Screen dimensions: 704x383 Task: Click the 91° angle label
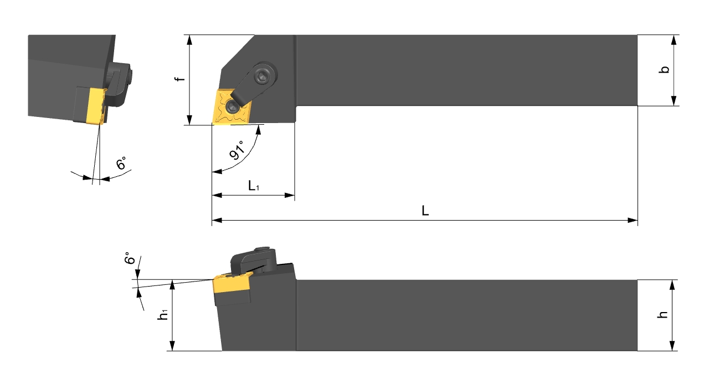[237, 150]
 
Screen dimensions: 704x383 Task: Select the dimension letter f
[180, 78]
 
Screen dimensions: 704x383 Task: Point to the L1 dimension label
[253, 186]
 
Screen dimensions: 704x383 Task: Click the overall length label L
[425, 211]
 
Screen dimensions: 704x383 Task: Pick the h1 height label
[163, 314]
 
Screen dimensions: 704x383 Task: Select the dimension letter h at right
[662, 314]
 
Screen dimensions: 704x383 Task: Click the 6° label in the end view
[121, 163]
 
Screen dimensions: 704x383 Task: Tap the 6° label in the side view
[130, 258]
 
